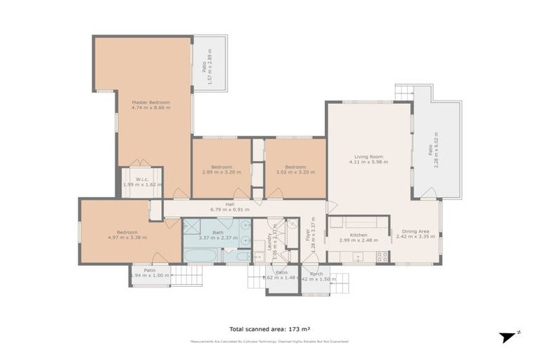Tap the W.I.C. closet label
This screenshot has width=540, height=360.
coord(141,178)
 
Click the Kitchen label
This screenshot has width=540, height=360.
coord(359,235)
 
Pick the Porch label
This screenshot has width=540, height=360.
coord(316,273)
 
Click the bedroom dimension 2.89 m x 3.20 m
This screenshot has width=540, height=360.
coord(221,172)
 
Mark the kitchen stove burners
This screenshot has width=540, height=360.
coord(382,257)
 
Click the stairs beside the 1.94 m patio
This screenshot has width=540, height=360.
coord(186,275)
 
